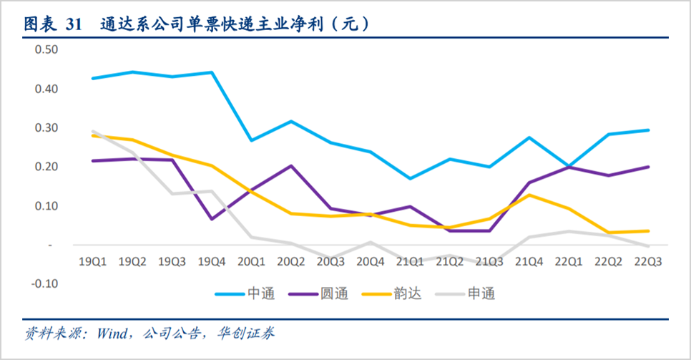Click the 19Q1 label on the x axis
[x=93, y=263]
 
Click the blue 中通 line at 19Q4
[x=212, y=72]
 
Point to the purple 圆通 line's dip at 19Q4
[x=212, y=219]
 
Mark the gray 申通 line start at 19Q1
[x=93, y=131]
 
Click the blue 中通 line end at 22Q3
[x=648, y=130]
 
